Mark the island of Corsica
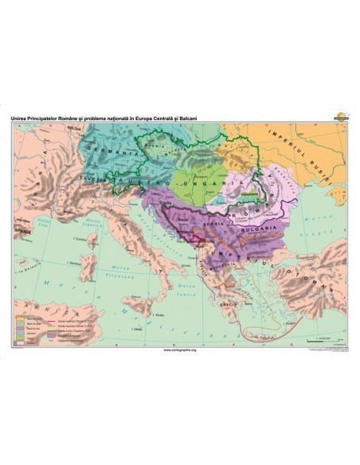(90, 241)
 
